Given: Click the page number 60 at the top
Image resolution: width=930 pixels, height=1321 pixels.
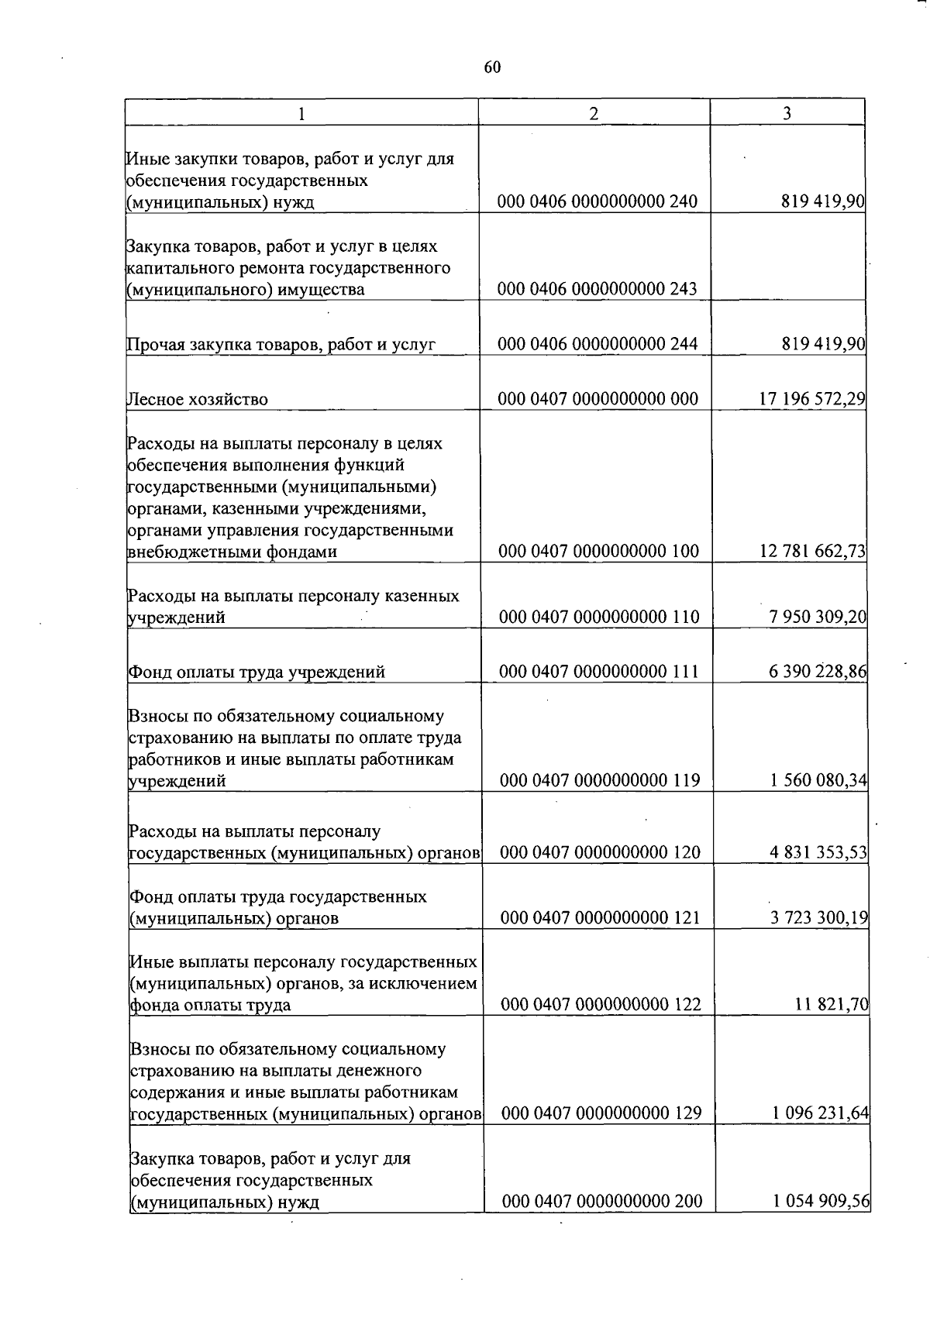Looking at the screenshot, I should tap(493, 67).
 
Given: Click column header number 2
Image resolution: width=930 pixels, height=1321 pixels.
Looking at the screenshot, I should tap(594, 113).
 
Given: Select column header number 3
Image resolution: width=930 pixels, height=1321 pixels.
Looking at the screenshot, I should tap(787, 113).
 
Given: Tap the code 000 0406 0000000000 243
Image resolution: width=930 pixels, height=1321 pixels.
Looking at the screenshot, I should tap(598, 289).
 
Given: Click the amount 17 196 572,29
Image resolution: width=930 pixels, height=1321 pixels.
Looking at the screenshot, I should tap(812, 399).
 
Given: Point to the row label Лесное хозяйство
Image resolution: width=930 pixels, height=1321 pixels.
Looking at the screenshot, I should tap(198, 400).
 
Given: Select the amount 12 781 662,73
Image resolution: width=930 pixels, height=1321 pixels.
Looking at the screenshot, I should tap(813, 551).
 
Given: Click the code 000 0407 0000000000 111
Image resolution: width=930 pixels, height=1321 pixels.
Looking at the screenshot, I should tap(599, 672).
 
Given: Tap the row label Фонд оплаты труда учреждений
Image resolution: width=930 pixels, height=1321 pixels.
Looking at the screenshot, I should tap(257, 673).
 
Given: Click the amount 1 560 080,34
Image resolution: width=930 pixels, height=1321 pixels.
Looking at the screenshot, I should tap(818, 780).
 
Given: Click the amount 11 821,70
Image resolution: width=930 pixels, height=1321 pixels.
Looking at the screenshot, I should tap(832, 1005).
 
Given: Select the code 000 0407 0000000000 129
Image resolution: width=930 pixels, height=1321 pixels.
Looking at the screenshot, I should tap(601, 1113).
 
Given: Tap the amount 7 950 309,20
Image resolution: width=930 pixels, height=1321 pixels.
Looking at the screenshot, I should tap(818, 617).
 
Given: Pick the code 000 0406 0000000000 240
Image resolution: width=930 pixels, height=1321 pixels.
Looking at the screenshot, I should tap(598, 201).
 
